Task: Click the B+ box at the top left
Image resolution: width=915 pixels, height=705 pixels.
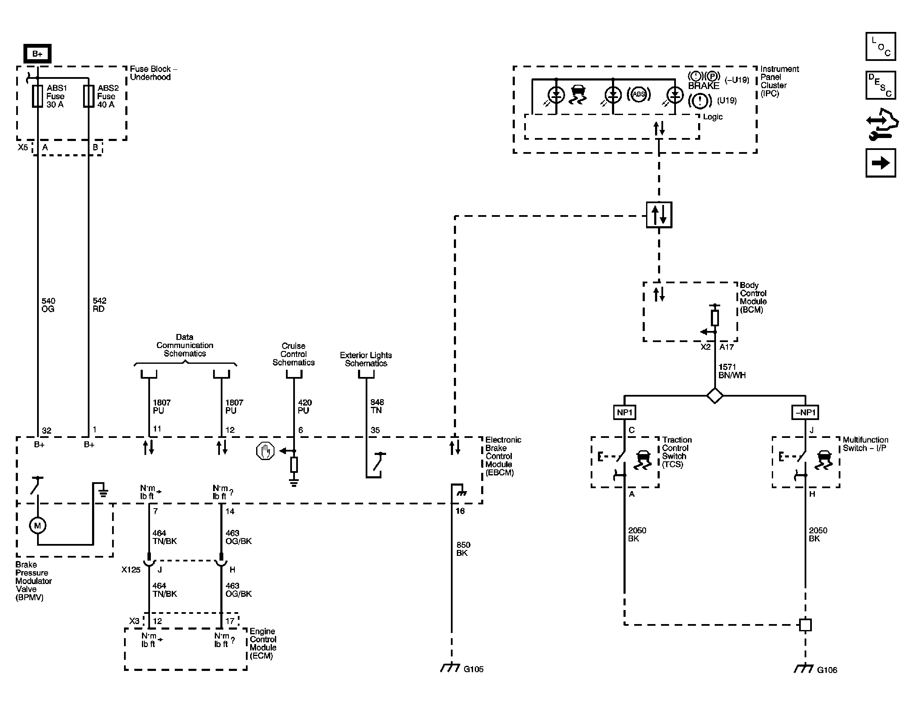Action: [38, 54]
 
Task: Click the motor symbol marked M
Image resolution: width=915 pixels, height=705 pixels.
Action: [38, 526]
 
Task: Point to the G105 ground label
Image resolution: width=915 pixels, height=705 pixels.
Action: [473, 669]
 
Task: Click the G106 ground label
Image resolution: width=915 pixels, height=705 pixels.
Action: [827, 670]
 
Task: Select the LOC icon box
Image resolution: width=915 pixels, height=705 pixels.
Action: [880, 46]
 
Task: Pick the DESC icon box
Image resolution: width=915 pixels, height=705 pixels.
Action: [880, 85]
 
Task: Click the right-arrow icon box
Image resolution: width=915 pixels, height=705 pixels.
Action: [880, 163]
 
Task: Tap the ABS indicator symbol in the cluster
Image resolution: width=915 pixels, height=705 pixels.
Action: [638, 95]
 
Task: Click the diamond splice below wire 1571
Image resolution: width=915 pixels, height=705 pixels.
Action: [715, 395]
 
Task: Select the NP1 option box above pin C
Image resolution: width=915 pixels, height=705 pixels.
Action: [625, 412]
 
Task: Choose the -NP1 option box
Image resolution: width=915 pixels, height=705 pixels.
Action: [805, 412]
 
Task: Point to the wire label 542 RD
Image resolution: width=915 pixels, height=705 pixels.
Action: [99, 305]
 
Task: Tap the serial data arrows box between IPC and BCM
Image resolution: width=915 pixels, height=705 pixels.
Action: [659, 215]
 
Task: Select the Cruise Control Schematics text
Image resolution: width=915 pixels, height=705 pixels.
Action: [293, 354]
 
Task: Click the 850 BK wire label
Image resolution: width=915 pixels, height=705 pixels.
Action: [463, 549]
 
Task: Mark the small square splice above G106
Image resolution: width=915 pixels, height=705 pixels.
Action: [805, 625]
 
